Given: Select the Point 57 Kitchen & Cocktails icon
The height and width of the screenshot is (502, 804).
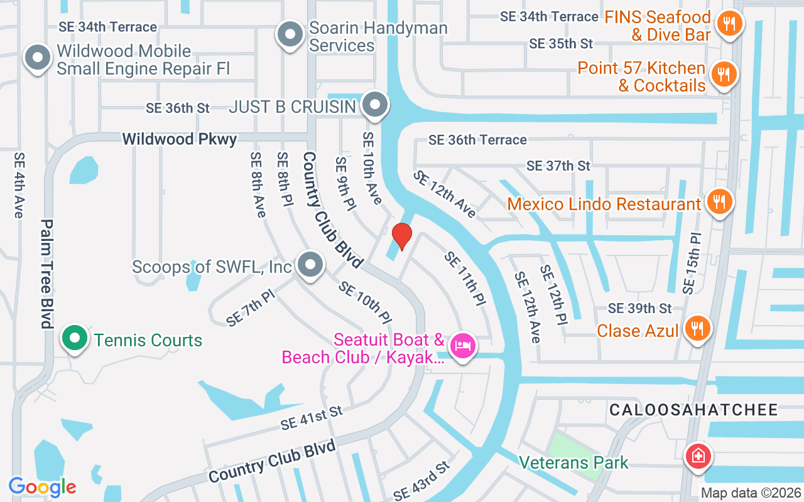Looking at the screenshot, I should click(x=724, y=75).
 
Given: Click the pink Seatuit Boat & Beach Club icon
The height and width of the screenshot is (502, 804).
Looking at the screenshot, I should click(x=463, y=345).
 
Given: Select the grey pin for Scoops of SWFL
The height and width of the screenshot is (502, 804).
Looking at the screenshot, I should click(x=310, y=265).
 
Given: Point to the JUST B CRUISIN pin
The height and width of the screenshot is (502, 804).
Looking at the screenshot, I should click(x=376, y=105).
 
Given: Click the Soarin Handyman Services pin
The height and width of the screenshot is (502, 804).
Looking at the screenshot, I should click(x=290, y=35).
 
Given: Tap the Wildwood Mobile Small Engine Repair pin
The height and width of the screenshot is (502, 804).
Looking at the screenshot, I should click(x=38, y=58).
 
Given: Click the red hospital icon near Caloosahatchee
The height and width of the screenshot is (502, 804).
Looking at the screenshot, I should click(x=697, y=456).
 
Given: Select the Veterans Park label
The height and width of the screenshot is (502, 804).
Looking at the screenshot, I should click(x=573, y=463).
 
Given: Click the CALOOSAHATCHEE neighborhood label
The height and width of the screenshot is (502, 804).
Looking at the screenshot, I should click(x=693, y=410).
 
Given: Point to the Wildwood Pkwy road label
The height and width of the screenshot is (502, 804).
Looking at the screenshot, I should click(x=179, y=139).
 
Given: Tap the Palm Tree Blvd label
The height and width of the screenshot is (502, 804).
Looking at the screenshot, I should click(x=46, y=274).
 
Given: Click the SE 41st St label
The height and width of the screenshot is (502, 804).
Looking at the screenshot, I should click(x=312, y=417).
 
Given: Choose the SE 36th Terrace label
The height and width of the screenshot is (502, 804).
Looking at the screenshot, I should click(x=477, y=139).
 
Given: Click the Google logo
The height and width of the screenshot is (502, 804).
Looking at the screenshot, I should click(x=42, y=487).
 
